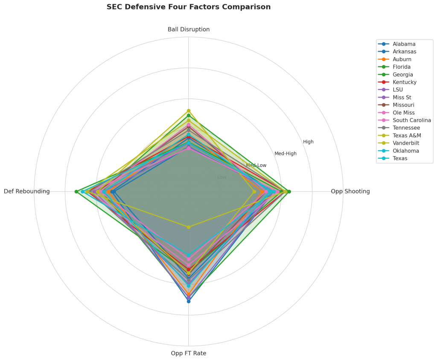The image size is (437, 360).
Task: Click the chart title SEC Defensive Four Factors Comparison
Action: pyautogui.click(x=188, y=7)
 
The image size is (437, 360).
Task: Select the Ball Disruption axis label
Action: pyautogui.click(x=188, y=29)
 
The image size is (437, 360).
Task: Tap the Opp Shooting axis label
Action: pyautogui.click(x=350, y=192)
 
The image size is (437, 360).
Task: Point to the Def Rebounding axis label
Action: pyautogui.click(x=26, y=192)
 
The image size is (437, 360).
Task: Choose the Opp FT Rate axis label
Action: pyautogui.click(x=188, y=353)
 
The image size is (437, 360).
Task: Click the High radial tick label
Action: pyautogui.click(x=308, y=142)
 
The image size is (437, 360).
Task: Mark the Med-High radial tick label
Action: pyautogui.click(x=285, y=154)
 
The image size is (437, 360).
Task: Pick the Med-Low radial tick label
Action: pyautogui.click(x=256, y=165)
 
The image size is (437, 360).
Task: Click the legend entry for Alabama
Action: pyautogui.click(x=404, y=44)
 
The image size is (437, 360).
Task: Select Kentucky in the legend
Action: pyautogui.click(x=405, y=82)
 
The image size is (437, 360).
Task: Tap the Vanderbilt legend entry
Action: pyautogui.click(x=406, y=143)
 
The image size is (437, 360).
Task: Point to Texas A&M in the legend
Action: pyautogui.click(x=407, y=136)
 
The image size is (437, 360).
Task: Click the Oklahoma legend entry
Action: pyautogui.click(x=406, y=151)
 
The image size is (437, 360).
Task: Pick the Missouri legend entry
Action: pyautogui.click(x=404, y=105)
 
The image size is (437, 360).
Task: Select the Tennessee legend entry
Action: pyautogui.click(x=406, y=128)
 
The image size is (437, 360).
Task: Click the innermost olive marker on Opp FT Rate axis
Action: pyautogui.click(x=188, y=227)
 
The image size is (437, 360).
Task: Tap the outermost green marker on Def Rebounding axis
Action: pyautogui.click(x=76, y=192)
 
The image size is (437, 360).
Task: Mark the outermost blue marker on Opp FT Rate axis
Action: pyautogui.click(x=188, y=301)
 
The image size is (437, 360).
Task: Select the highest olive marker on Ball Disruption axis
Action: pyautogui.click(x=188, y=111)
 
